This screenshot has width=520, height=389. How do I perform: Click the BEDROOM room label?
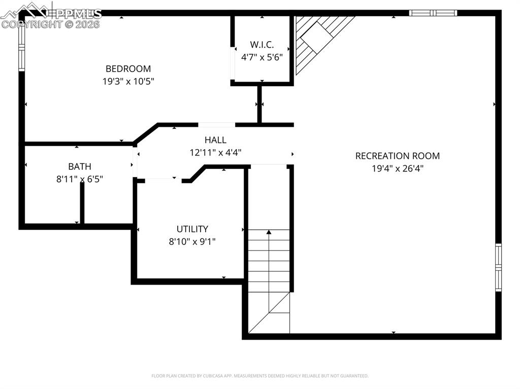click(x=128, y=69)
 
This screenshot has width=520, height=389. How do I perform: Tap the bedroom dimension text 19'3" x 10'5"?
click(x=128, y=81)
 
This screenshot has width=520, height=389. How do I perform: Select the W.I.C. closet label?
click(x=262, y=45)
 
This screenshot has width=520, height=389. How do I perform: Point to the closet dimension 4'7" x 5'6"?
click(x=262, y=57)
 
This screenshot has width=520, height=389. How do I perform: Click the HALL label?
click(x=215, y=140)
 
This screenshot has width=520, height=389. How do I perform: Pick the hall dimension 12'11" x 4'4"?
click(x=215, y=152)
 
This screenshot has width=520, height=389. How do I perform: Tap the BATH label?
click(x=80, y=166)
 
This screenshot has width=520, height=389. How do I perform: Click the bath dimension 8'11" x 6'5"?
click(x=80, y=179)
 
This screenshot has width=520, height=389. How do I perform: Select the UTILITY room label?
click(x=192, y=229)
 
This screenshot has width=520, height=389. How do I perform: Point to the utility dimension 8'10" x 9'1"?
click(x=192, y=241)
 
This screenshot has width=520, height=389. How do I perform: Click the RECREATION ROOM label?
click(x=397, y=156)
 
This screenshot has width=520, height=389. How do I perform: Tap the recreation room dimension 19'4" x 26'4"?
click(x=397, y=168)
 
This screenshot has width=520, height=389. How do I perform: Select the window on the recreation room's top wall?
click(x=433, y=13)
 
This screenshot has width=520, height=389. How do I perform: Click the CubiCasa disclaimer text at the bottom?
click(x=260, y=376)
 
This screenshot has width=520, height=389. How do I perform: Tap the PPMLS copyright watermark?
click(x=51, y=18)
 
